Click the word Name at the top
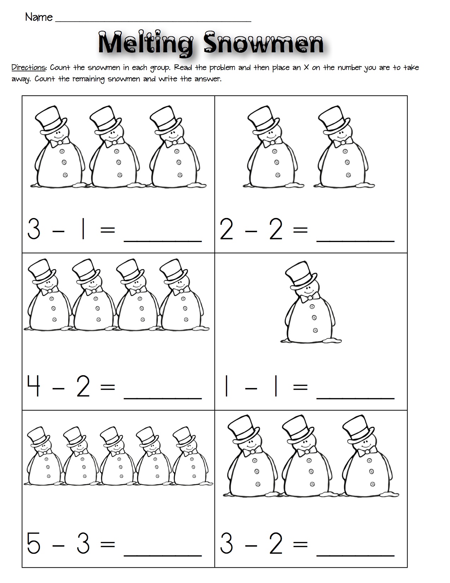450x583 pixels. click(x=39, y=17)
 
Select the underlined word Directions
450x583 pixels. click(x=29, y=67)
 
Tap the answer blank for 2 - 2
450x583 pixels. click(x=355, y=237)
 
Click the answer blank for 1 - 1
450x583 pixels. click(x=355, y=394)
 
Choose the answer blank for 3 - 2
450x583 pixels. click(x=355, y=551)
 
